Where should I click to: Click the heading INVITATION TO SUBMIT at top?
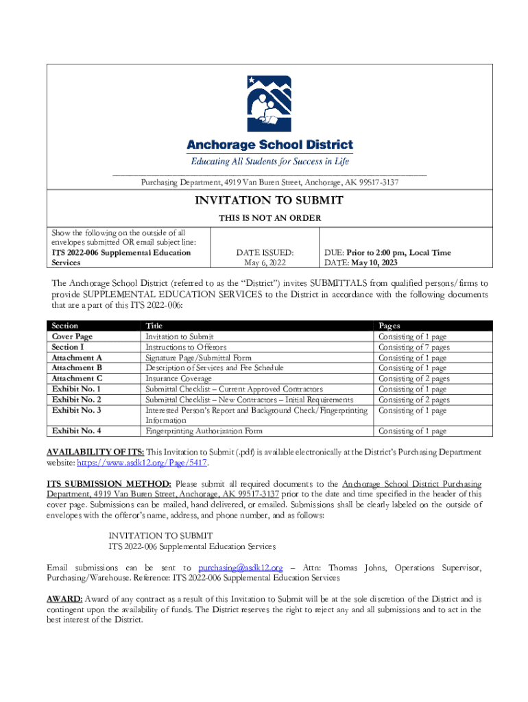click(269, 200)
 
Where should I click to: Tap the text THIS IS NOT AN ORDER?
click(269, 217)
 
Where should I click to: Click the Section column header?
click(65, 326)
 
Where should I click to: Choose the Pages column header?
click(389, 326)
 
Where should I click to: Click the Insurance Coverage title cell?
click(178, 378)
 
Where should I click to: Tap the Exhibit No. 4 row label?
click(77, 431)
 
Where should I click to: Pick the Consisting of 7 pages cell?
click(413, 347)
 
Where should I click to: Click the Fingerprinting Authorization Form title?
click(204, 431)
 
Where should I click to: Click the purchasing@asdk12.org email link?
click(240, 568)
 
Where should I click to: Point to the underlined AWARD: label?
click(64, 598)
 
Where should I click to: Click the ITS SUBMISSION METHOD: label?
click(108, 483)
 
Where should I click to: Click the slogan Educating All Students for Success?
click(269, 161)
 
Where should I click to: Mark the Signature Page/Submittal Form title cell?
click(198, 357)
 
